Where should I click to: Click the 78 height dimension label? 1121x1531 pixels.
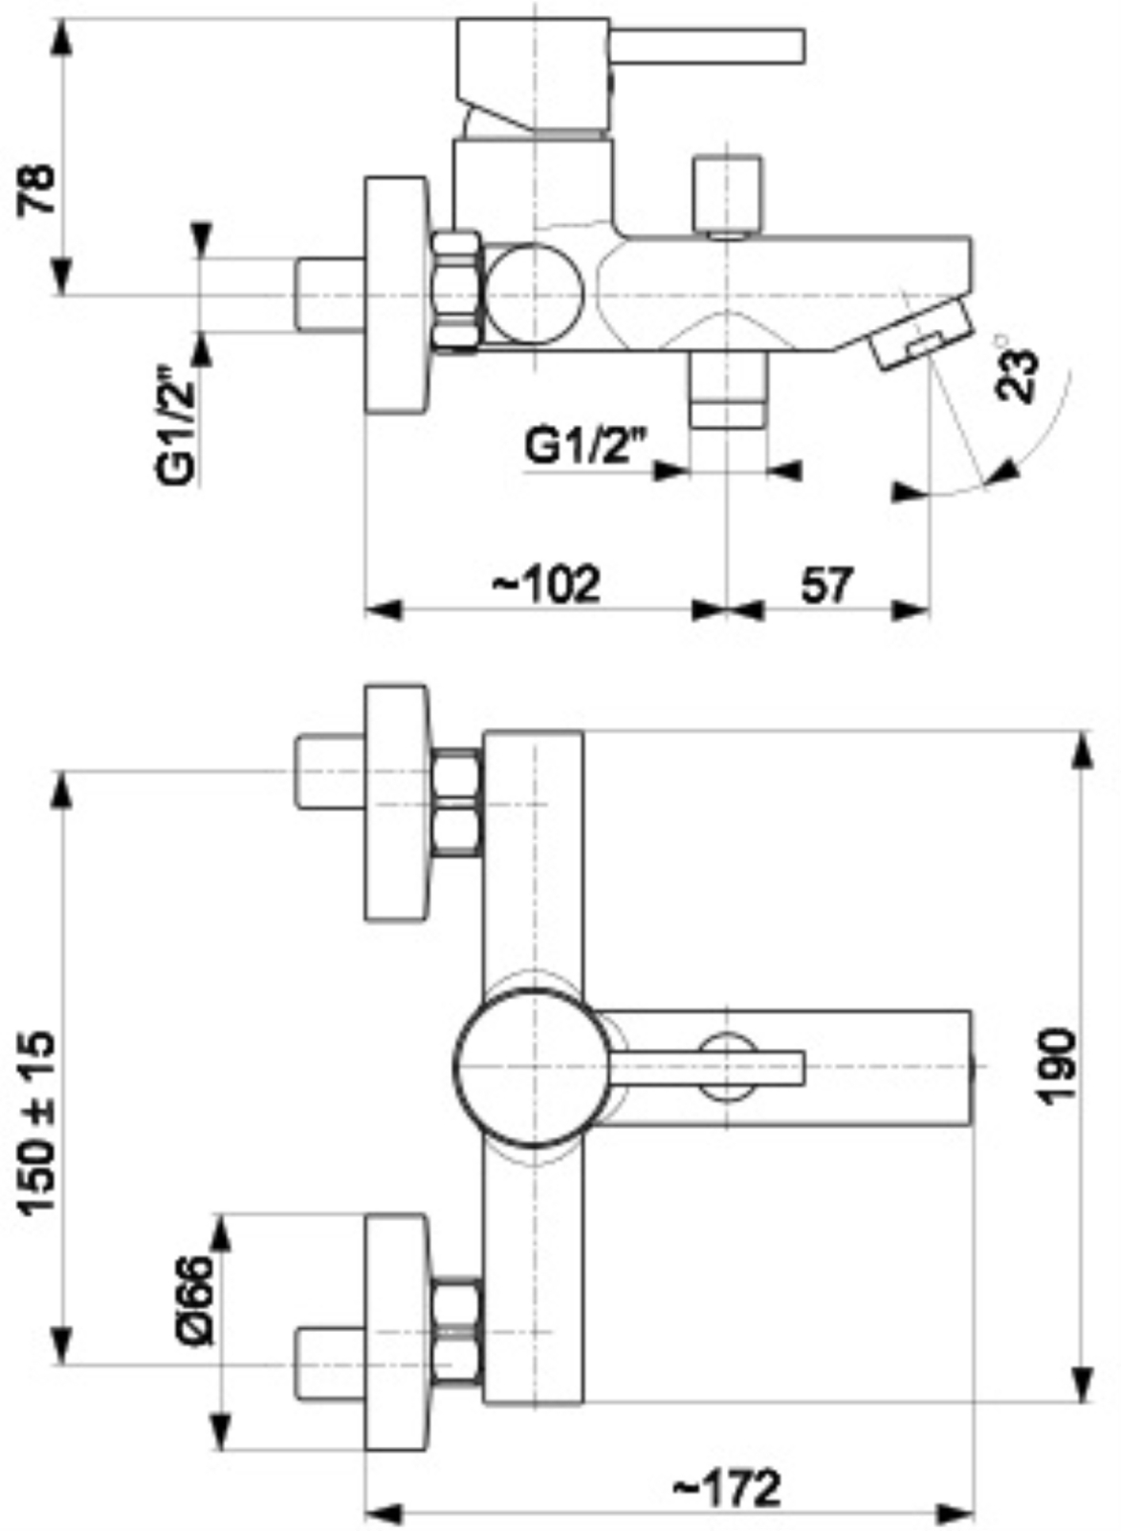click(x=35, y=189)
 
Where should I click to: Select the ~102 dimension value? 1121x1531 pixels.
click(x=546, y=585)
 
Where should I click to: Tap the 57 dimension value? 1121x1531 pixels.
click(x=827, y=585)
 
